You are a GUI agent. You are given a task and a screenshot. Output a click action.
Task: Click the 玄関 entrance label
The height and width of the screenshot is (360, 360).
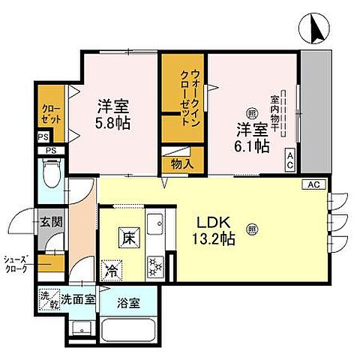click(x=52, y=222)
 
